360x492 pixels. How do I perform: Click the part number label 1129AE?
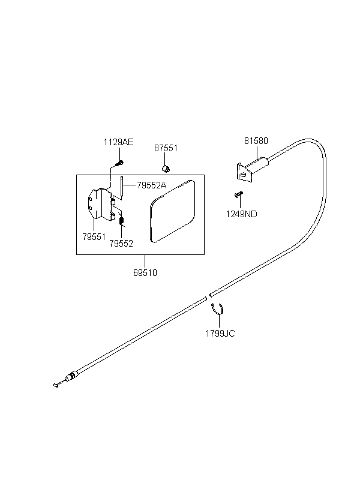[x=118, y=142]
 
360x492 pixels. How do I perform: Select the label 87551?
[x=166, y=148]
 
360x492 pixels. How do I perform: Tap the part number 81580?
[x=256, y=141]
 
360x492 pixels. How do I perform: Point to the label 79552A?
[x=151, y=185]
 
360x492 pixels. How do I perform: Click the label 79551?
[x=94, y=237]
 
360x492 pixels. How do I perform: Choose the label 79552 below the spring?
[x=121, y=244]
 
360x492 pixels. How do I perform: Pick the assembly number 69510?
[x=145, y=273]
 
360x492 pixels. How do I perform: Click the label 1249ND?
[x=241, y=214]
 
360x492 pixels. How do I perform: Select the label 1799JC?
[x=220, y=333]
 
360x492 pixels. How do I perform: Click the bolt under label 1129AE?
[x=119, y=163]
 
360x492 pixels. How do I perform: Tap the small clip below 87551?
[x=166, y=168]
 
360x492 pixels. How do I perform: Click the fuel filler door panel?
[x=172, y=211]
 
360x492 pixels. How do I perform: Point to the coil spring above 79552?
[x=122, y=221]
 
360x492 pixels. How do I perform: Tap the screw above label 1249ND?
[x=239, y=194]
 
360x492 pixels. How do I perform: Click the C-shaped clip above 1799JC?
[x=218, y=309]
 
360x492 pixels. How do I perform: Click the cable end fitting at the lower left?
[x=65, y=380]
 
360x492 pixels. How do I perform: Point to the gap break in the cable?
[x=208, y=296]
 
